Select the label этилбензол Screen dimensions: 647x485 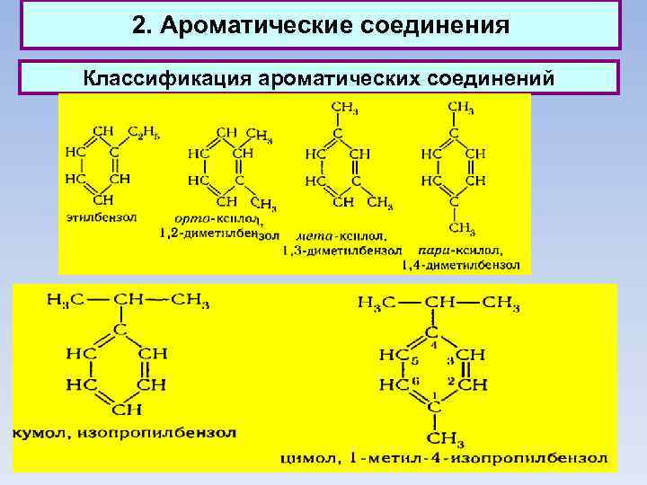(x=100, y=216)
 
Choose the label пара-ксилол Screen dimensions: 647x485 (x=460, y=250)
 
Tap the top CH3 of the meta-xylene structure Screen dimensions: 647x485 (x=342, y=109)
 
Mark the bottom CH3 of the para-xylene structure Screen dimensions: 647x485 (x=461, y=228)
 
